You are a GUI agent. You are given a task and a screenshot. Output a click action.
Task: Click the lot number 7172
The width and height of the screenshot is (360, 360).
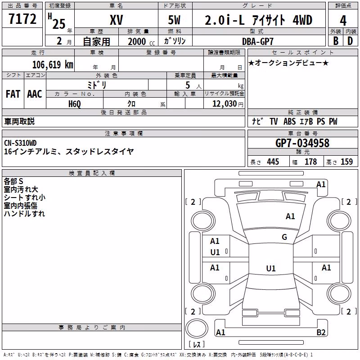click(22, 19)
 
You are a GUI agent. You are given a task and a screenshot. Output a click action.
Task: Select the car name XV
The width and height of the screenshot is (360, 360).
click(117, 20)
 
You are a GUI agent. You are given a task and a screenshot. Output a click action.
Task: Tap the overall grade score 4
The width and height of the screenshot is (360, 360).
click(343, 20)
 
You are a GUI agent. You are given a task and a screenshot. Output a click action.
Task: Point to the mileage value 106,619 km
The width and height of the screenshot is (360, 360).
click(53, 65)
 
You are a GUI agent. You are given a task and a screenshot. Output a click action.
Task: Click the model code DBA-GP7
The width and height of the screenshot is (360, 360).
click(258, 41)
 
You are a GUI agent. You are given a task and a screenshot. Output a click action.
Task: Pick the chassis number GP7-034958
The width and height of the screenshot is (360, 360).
click(302, 143)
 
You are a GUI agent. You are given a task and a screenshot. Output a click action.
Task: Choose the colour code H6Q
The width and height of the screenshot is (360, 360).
click(75, 104)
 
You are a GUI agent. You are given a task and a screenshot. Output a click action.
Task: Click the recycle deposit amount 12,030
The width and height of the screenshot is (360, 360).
click(225, 104)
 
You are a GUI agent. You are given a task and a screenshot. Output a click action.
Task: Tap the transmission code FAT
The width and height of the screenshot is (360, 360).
click(13, 94)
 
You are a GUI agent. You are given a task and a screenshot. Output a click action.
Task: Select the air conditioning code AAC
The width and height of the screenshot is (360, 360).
click(35, 94)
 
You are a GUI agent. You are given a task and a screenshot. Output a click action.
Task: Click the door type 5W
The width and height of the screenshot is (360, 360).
click(174, 20)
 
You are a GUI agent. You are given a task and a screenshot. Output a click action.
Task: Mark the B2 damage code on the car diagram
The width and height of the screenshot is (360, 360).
click(321, 332)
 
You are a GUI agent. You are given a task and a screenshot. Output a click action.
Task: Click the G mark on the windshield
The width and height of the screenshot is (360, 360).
click(284, 237)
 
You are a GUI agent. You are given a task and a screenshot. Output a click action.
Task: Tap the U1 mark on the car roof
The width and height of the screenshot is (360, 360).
click(271, 268)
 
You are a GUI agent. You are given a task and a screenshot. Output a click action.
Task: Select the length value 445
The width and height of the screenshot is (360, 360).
click(273, 162)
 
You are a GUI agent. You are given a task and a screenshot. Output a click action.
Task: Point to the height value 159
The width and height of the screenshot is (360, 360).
click(346, 162)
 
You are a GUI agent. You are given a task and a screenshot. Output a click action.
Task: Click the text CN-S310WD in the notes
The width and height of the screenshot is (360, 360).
click(20, 143)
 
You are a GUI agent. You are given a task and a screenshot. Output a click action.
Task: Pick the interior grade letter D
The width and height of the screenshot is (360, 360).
click(350, 41)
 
